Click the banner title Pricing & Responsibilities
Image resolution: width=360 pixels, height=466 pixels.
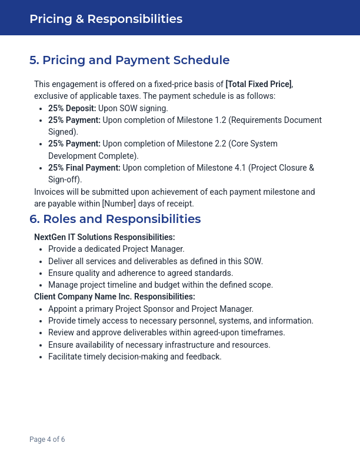(x=106, y=19)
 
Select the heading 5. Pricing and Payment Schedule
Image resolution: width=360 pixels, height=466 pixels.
(x=129, y=60)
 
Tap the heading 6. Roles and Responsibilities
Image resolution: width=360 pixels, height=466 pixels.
(x=115, y=219)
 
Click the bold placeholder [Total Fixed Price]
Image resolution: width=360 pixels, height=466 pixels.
(x=258, y=84)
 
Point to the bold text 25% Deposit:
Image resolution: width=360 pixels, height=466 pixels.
(x=72, y=108)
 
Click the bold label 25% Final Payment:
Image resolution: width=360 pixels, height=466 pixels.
(x=84, y=168)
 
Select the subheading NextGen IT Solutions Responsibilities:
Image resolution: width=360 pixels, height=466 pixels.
(x=104, y=237)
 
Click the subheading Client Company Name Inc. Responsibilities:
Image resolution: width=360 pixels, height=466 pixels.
(x=114, y=297)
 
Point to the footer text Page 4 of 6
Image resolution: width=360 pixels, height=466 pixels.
(x=47, y=440)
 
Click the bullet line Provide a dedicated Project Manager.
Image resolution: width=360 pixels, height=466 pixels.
(x=116, y=249)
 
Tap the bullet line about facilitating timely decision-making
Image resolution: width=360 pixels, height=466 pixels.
(x=135, y=357)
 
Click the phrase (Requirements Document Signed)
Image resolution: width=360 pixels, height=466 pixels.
(x=274, y=120)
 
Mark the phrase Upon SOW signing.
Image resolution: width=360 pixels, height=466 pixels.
(x=133, y=108)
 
